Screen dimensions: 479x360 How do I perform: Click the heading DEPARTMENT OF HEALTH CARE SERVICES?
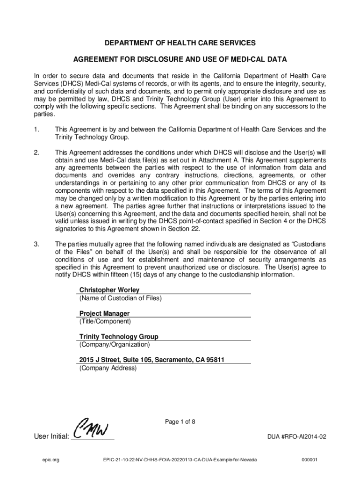click(x=180, y=43)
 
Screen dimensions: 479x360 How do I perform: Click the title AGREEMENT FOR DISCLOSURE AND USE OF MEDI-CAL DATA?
click(x=180, y=60)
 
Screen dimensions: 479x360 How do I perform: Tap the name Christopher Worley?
click(x=109, y=290)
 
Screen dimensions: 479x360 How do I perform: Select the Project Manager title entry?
click(x=104, y=313)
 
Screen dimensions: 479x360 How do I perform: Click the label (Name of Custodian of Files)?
click(x=120, y=298)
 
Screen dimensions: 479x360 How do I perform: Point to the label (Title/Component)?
click(x=105, y=321)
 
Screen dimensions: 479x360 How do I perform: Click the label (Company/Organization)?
click(x=115, y=345)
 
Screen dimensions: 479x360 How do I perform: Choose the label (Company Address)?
click(x=108, y=368)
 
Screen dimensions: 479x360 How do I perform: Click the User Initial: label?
click(x=51, y=437)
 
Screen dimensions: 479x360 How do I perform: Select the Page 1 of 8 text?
click(x=180, y=422)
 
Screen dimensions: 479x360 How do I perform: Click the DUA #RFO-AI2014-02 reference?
click(x=296, y=437)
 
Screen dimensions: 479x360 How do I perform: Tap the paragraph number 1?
click(x=36, y=129)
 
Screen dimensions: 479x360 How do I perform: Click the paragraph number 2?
click(x=36, y=152)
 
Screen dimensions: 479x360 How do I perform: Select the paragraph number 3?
click(x=36, y=244)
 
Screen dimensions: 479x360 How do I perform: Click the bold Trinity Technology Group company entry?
click(x=119, y=337)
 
